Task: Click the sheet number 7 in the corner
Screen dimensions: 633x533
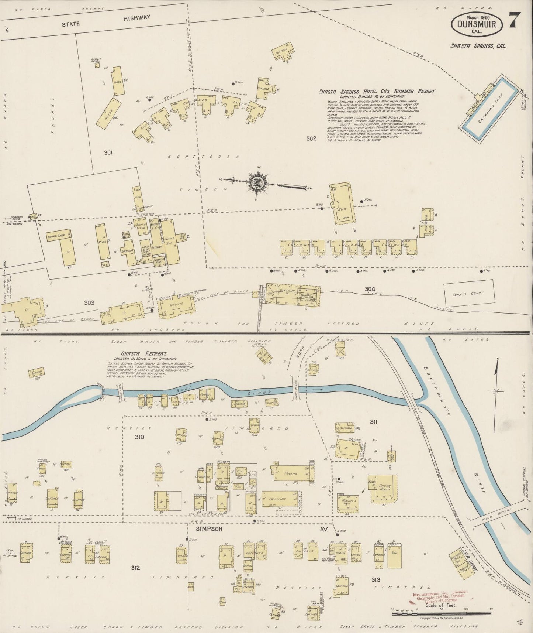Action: click(515, 20)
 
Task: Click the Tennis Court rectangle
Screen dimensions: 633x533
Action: click(468, 294)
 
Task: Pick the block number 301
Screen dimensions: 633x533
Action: click(108, 152)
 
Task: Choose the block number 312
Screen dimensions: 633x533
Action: click(135, 568)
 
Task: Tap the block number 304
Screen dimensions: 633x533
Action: click(370, 289)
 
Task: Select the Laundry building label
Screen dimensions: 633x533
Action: click(128, 252)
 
